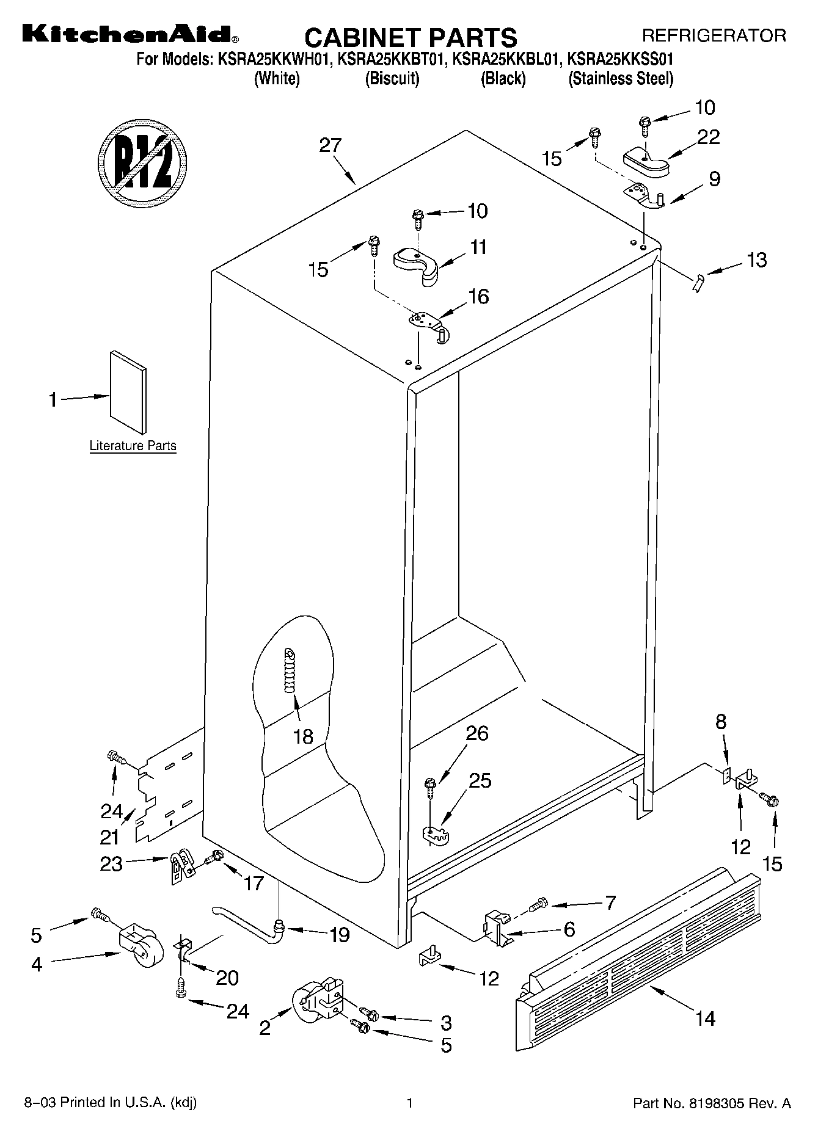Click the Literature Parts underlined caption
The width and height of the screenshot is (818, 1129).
click(x=133, y=446)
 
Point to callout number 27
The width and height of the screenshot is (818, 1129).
click(x=330, y=146)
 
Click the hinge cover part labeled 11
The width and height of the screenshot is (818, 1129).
click(x=417, y=264)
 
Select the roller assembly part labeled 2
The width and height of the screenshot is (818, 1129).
click(x=316, y=1001)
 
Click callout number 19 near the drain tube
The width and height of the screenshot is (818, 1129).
click(x=340, y=934)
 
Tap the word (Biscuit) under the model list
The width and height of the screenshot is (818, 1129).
click(x=392, y=79)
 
